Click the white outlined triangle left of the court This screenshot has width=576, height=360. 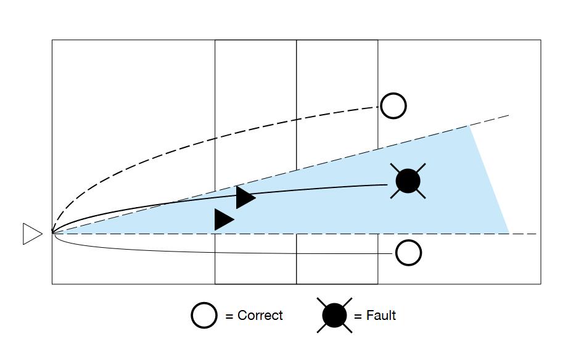click(31, 234)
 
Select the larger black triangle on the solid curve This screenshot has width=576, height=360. click(244, 197)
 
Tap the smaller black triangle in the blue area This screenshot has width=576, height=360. click(223, 219)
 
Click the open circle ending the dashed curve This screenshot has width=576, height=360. click(393, 106)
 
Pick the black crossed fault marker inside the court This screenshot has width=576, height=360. click(408, 181)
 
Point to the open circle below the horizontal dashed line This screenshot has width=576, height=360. click(408, 253)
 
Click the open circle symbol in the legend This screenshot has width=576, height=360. click(204, 316)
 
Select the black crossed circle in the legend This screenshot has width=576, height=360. click(334, 316)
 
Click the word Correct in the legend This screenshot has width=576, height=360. click(260, 316)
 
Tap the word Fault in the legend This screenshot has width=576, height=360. click(381, 316)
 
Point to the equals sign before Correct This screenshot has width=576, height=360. click(229, 316)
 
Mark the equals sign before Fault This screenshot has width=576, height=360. click(358, 316)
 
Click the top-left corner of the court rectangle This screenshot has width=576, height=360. click(52, 41)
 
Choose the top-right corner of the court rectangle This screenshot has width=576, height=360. click(541, 41)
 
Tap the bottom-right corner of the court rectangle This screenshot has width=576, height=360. click(541, 284)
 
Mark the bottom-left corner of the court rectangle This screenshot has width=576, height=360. click(52, 284)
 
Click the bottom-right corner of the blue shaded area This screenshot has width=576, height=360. click(509, 234)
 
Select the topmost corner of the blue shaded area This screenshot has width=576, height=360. click(469, 125)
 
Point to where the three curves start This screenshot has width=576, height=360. click(53, 233)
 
